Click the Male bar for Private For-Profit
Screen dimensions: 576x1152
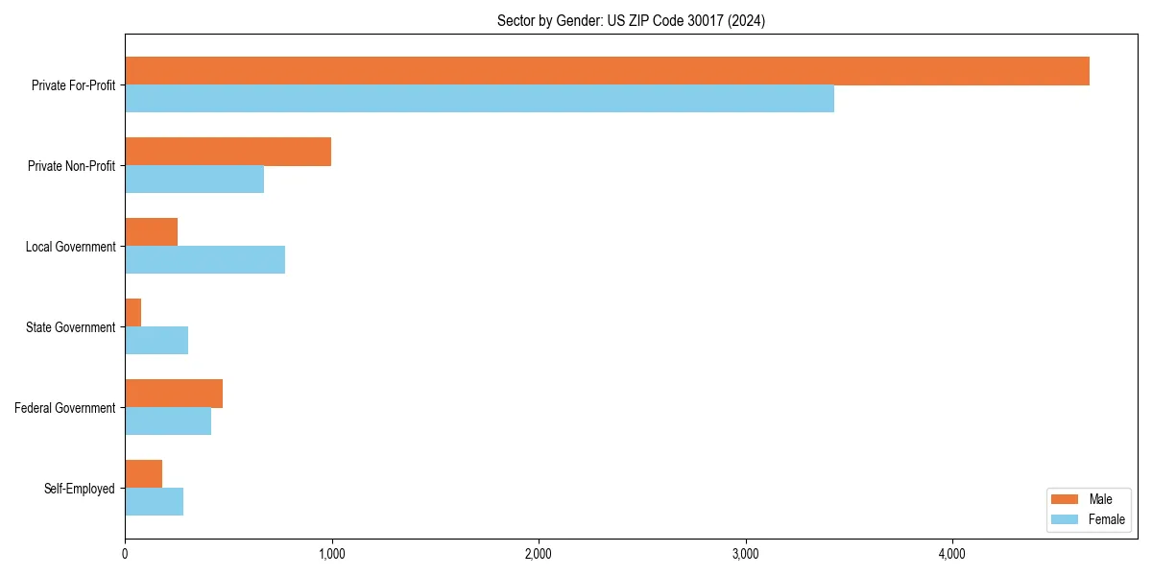tap(607, 71)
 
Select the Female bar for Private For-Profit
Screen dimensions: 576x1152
tap(479, 99)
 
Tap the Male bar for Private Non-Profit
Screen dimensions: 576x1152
tap(228, 152)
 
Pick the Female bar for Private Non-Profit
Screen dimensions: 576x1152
tap(194, 180)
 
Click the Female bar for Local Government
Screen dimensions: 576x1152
tap(204, 260)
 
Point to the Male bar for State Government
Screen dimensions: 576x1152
tap(133, 313)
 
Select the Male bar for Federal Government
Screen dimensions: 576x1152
tap(174, 394)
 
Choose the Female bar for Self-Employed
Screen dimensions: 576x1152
tap(154, 502)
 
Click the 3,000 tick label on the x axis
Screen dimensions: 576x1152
tap(745, 554)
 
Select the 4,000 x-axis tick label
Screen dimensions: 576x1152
tap(952, 554)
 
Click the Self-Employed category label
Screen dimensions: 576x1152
tap(80, 489)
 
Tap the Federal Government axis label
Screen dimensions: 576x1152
tap(65, 408)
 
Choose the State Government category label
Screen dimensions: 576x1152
tap(71, 327)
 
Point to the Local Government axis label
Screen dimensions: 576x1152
tap(71, 247)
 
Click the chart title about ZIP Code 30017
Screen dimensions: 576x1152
tap(631, 20)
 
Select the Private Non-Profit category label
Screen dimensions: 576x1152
tap(73, 166)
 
